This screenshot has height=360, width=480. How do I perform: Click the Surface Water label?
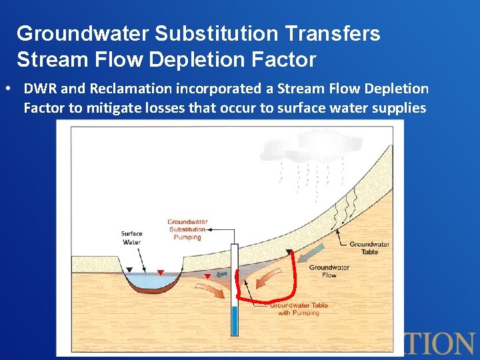tap(131, 237)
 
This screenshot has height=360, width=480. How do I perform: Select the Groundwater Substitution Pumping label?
tap(187, 229)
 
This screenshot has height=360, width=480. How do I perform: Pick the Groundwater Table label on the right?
tap(369, 248)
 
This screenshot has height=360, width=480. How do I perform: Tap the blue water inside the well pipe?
tap(233, 321)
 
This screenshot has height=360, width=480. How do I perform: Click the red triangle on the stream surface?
tap(160, 272)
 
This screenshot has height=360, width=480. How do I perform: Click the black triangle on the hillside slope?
tap(289, 252)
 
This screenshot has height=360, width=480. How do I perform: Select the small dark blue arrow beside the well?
tap(224, 273)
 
